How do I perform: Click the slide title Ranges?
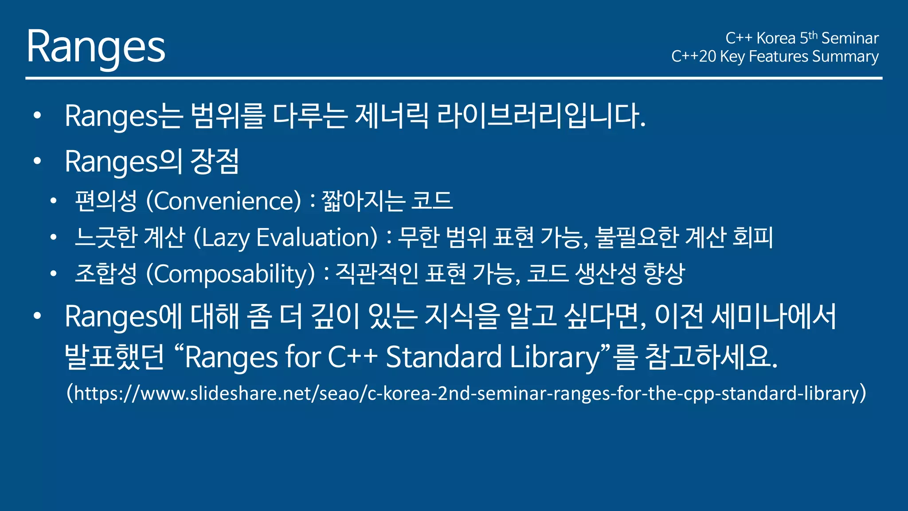(96, 47)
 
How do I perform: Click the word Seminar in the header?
(849, 38)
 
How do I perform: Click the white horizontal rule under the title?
(454, 78)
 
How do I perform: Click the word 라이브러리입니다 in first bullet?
(541, 116)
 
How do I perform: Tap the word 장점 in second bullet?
(215, 161)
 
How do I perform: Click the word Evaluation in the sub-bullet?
(317, 238)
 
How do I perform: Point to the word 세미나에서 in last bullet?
(773, 317)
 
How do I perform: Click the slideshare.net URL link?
(466, 393)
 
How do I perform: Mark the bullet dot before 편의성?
(54, 201)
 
